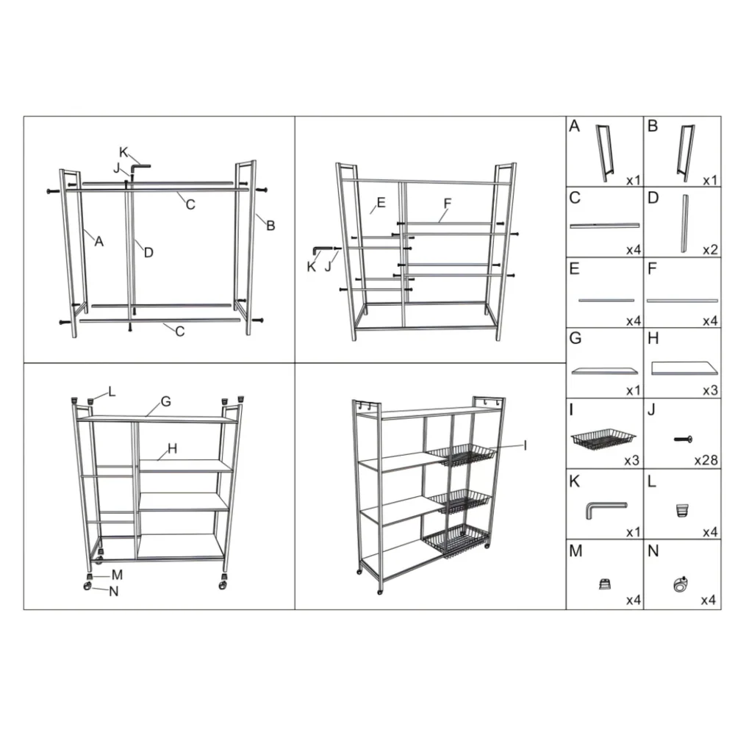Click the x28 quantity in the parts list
tap(706, 460)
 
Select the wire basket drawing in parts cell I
tap(603, 440)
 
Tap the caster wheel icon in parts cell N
tap(680, 584)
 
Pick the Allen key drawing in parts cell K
tap(606, 509)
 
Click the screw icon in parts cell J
tap(683, 440)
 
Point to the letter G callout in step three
tap(165, 401)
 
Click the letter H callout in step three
tap(172, 448)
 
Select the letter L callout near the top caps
tap(112, 392)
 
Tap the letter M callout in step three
tap(117, 575)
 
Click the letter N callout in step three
tap(113, 592)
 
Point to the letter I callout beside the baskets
tap(525, 445)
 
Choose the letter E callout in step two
tap(381, 203)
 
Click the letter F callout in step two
tap(448, 204)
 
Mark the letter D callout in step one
tap(148, 253)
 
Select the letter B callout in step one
tap(270, 226)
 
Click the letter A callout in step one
tap(98, 241)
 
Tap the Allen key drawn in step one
tap(139, 167)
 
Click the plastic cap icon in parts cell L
tap(683, 510)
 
